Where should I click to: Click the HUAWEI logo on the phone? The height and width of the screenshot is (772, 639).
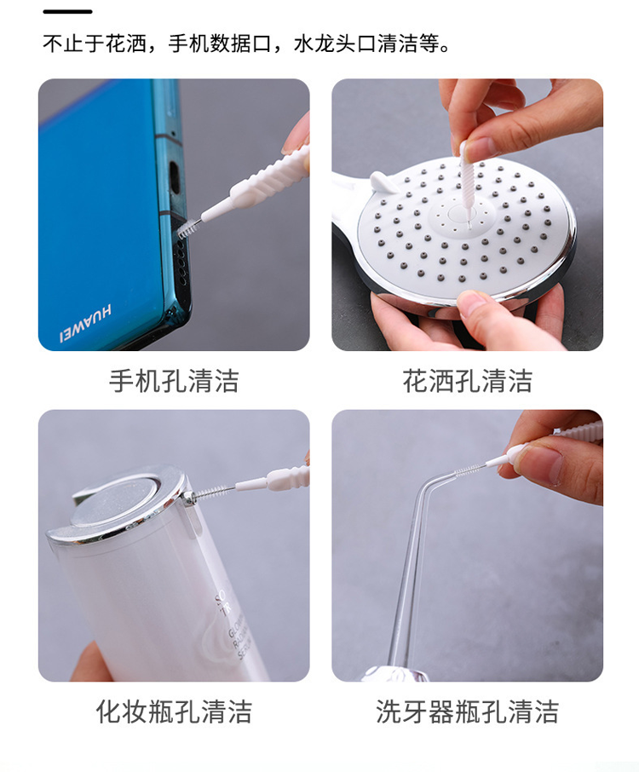click(86, 324)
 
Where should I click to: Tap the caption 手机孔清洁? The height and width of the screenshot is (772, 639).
click(174, 381)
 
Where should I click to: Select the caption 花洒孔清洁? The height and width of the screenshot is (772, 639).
click(467, 381)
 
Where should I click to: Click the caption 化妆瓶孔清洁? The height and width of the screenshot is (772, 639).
click(174, 712)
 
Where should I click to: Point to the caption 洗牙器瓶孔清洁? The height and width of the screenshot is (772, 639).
click(467, 712)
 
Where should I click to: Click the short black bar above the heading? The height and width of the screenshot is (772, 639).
click(67, 11)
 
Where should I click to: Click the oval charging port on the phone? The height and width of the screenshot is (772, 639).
click(174, 176)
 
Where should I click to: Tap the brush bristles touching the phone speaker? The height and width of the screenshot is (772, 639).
click(187, 228)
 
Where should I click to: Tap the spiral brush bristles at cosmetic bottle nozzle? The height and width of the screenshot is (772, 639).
click(211, 492)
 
